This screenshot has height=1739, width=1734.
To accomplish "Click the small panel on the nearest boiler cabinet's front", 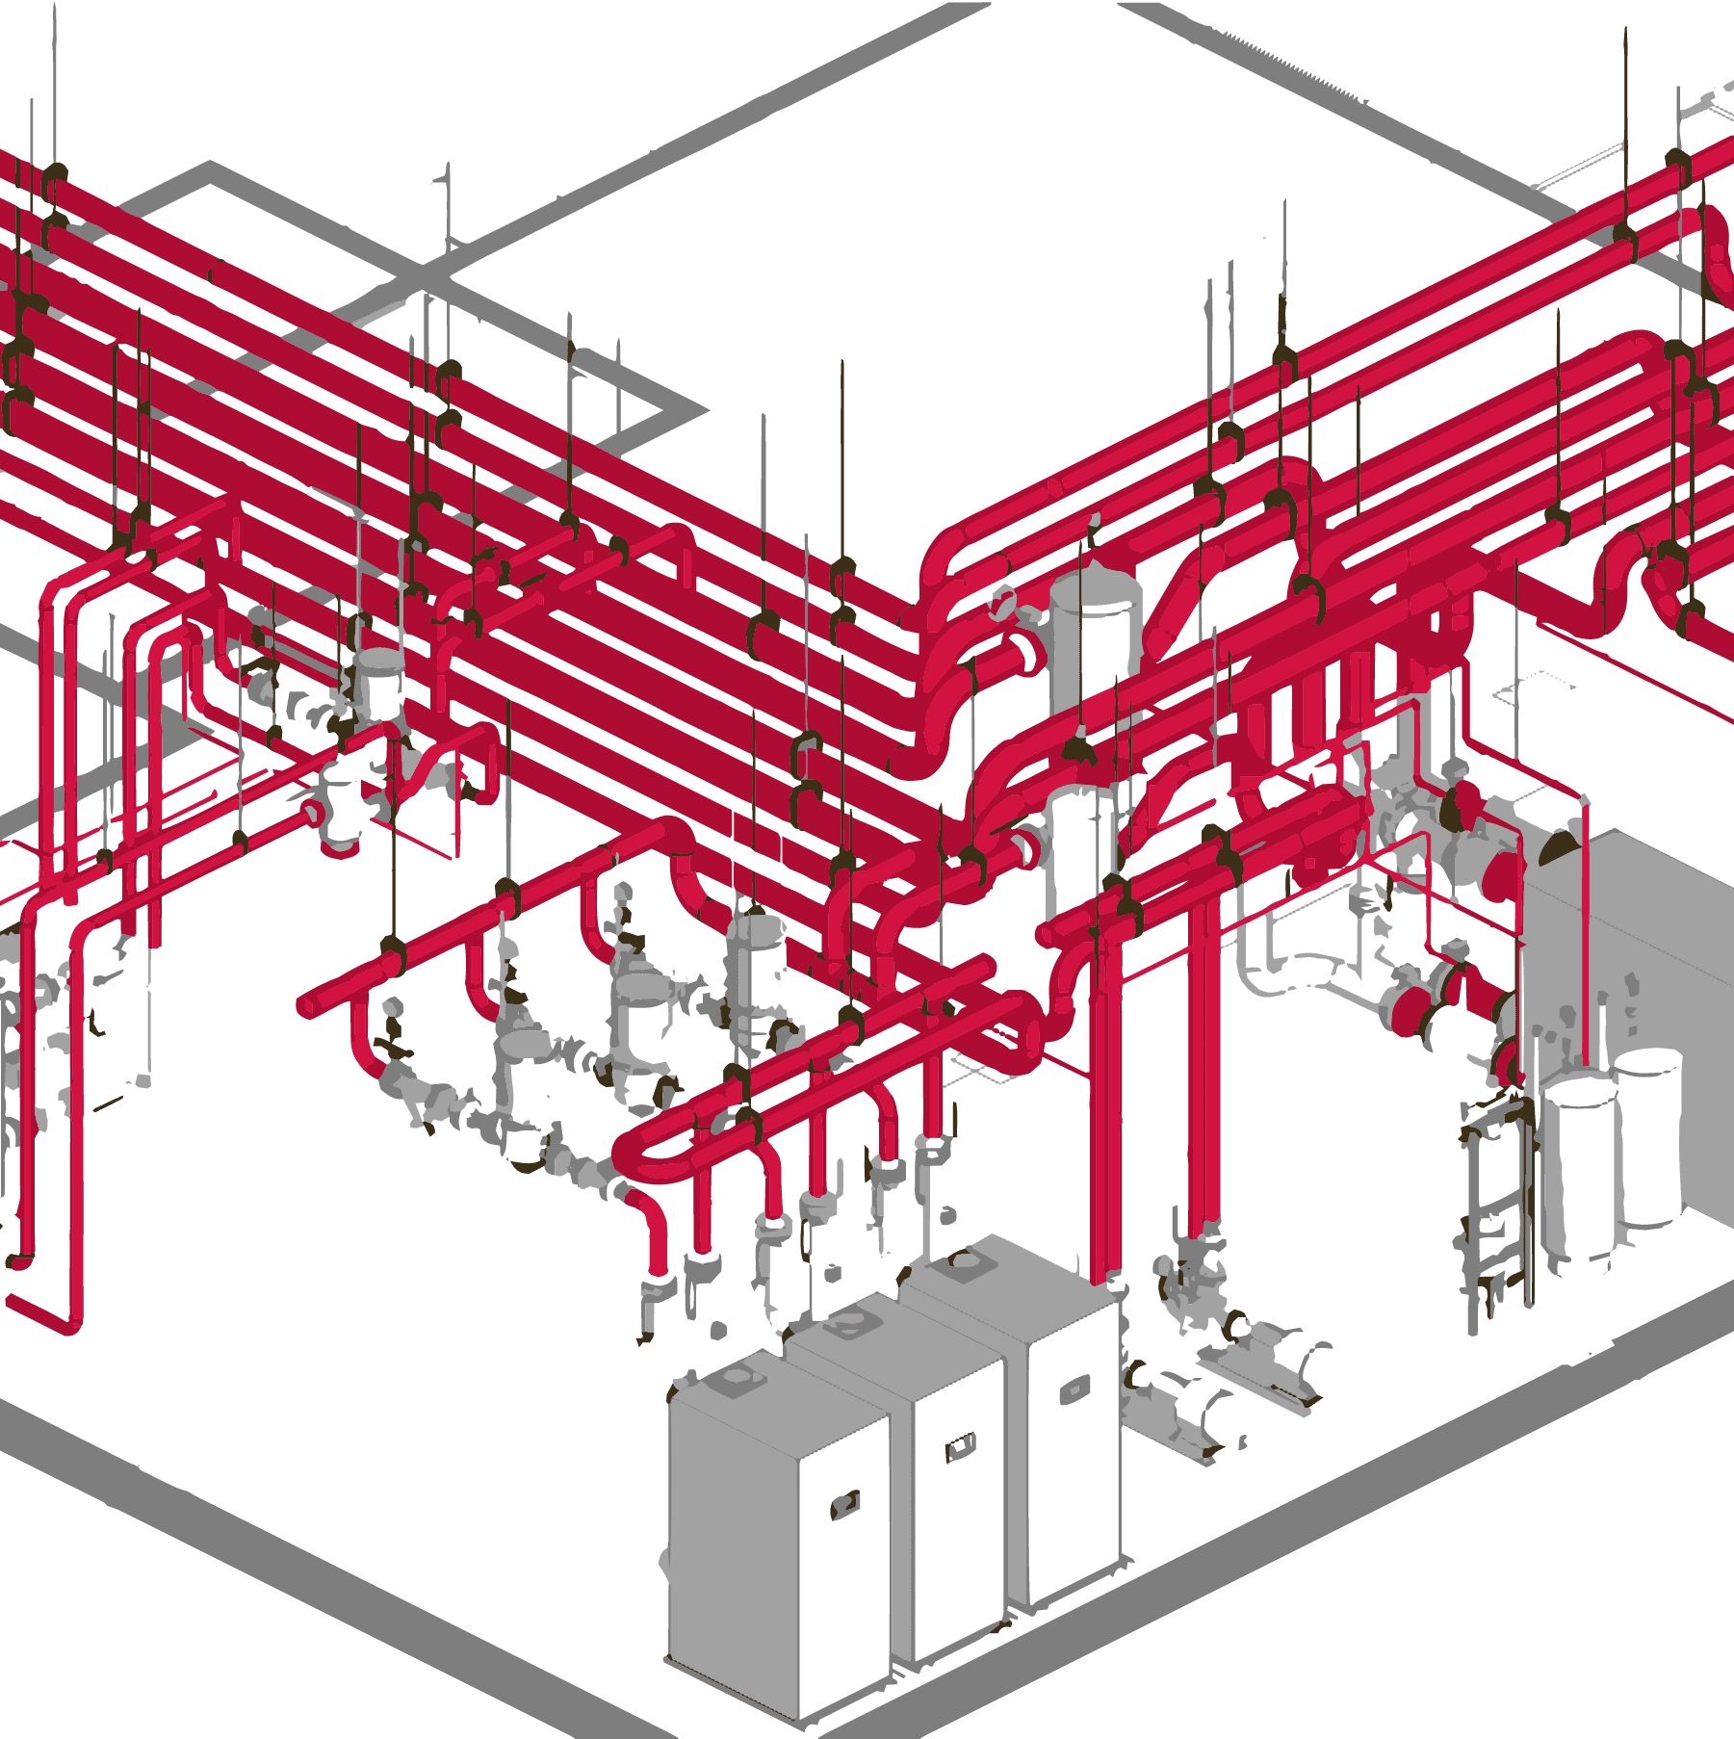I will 844,1504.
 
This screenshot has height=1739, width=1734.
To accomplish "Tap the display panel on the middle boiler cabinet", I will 960,1444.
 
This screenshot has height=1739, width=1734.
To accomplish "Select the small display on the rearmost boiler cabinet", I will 1071,1391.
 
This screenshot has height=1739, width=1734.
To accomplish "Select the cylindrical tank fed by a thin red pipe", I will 1579,1165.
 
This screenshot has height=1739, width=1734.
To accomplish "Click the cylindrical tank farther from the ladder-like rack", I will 1648,1136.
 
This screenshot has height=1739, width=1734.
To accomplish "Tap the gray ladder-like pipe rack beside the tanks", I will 1492,1213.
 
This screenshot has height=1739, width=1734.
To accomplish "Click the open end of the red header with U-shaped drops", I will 306,1006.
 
